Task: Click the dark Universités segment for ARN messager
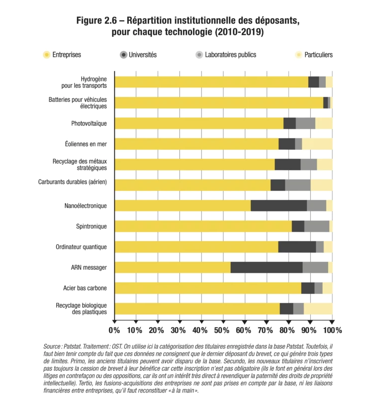pyautogui.click(x=266, y=267)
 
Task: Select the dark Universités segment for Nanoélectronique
pyautogui.click(x=278, y=206)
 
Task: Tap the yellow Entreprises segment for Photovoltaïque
pyautogui.click(x=199, y=123)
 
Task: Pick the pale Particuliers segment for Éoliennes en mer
pyautogui.click(x=317, y=144)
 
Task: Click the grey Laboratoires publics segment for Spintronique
pyautogui.click(x=317, y=226)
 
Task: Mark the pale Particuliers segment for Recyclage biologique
pyautogui.click(x=318, y=309)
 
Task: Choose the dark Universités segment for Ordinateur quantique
pyautogui.click(x=297, y=247)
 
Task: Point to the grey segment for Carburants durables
pyautogui.click(x=298, y=185)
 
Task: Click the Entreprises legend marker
pyautogui.click(x=47, y=54)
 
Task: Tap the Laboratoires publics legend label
pyautogui.click(x=230, y=54)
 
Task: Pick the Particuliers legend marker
pyautogui.click(x=298, y=54)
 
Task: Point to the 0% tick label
pyautogui.click(x=114, y=330)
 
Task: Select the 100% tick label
pyautogui.click(x=332, y=330)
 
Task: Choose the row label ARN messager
pyautogui.click(x=89, y=267)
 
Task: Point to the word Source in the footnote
pyautogui.click(x=52, y=347)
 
